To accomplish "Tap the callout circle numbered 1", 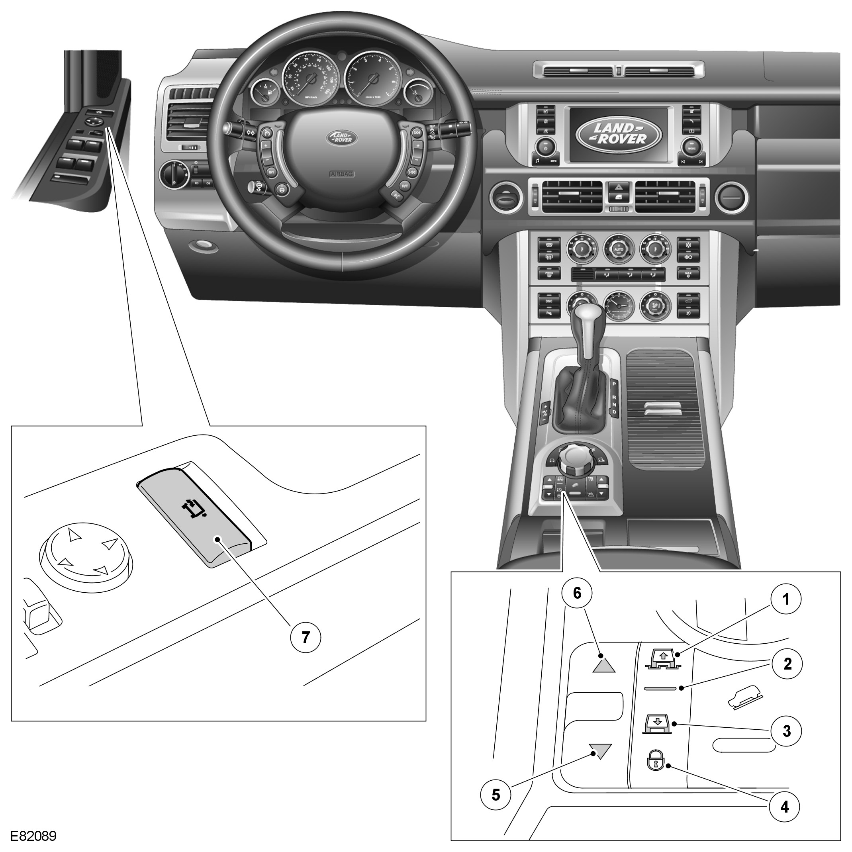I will (x=785, y=599).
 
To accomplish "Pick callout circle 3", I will (x=786, y=731).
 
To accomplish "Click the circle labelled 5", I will (x=496, y=807).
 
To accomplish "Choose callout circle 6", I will (x=577, y=593).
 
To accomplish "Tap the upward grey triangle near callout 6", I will (x=603, y=664).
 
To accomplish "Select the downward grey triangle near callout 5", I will (x=601, y=750).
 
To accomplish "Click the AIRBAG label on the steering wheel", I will (x=342, y=174).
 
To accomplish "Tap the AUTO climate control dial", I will (x=618, y=249).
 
